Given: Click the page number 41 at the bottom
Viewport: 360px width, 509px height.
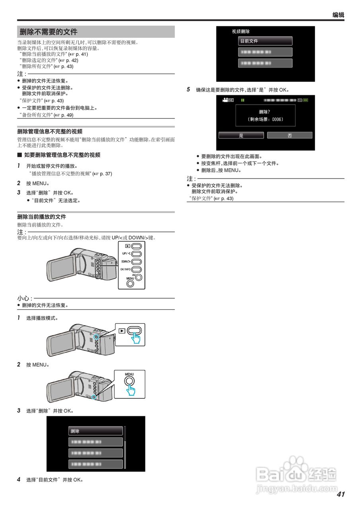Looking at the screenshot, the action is coord(341,494).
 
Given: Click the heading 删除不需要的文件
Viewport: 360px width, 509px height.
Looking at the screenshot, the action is coord(49,32).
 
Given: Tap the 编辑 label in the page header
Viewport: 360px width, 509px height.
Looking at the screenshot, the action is coord(338,15).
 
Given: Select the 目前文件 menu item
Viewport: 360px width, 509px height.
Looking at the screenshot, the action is coord(265,41).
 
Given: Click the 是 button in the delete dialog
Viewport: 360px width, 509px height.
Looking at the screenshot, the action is coord(241,136).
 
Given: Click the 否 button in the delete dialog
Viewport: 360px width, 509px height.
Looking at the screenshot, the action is coord(290,136).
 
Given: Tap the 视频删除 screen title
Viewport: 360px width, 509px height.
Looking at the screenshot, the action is coord(241,31).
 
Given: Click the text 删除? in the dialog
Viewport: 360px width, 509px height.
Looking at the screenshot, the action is coord(265,112).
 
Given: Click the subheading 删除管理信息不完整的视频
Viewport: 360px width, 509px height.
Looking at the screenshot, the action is coord(50,131).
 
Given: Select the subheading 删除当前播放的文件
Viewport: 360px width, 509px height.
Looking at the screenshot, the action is coord(42,217).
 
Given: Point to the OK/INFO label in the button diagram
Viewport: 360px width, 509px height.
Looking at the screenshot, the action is coord(125,269).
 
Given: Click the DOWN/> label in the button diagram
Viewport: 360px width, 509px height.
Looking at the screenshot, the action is coord(126,261).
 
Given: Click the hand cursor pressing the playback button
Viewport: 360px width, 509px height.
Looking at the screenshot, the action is coord(136,338).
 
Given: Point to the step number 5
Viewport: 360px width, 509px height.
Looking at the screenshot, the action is coord(189,89).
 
